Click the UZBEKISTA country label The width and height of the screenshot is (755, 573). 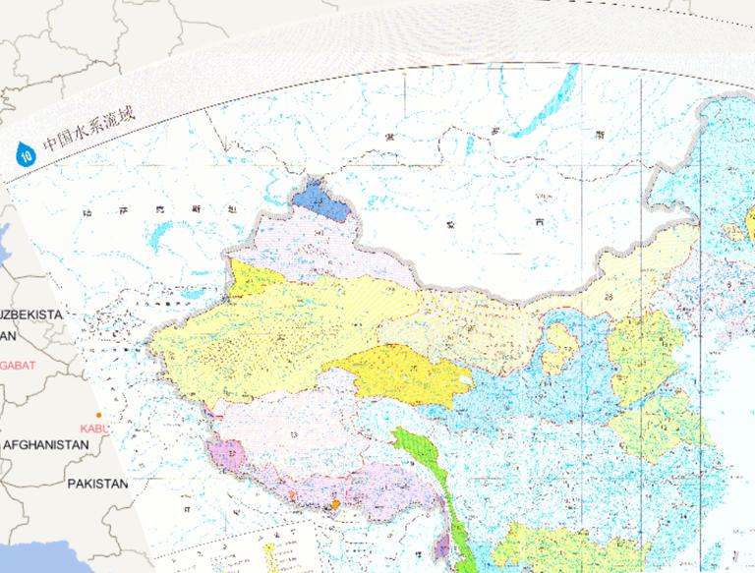[x=29, y=315]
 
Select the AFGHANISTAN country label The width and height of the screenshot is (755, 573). [x=45, y=445]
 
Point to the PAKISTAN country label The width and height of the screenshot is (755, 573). [x=98, y=484]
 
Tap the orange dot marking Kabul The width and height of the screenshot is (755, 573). [x=99, y=416]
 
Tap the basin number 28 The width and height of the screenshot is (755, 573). [x=610, y=297]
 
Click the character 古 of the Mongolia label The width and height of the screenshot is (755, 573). [x=539, y=223]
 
